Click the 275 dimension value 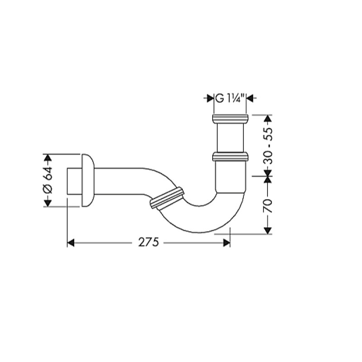149,243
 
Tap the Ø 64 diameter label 48,180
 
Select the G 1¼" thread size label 230,98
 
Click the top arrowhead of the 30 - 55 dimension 268,119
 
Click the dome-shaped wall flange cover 88,180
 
